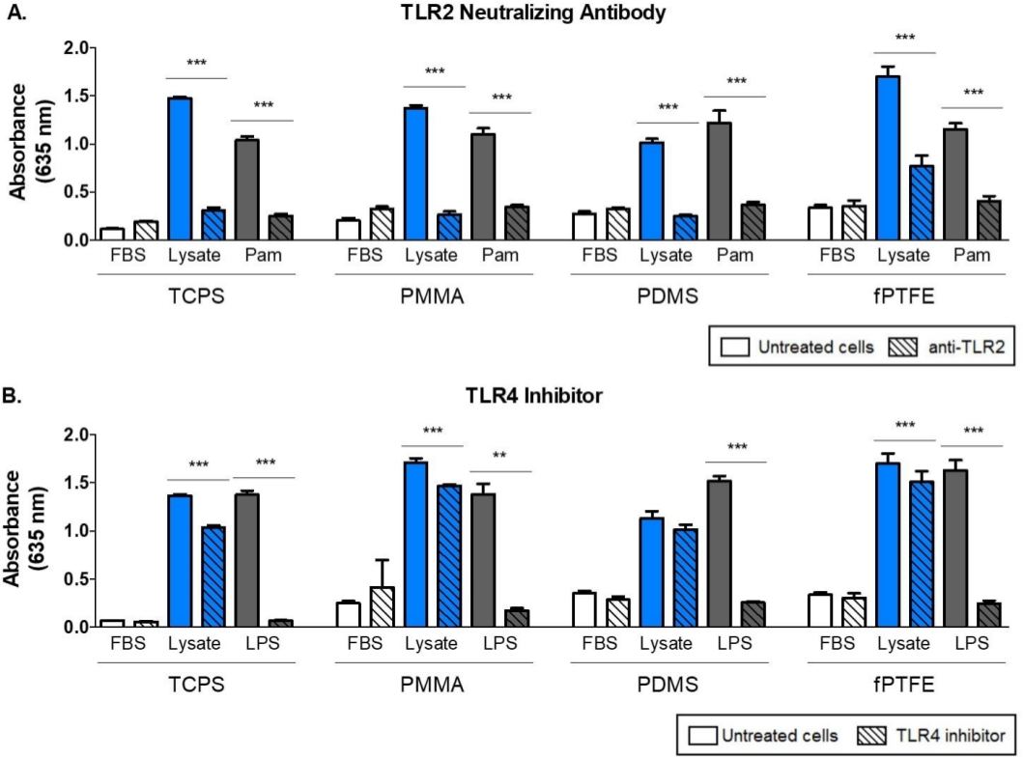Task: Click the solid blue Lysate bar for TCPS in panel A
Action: click(x=180, y=169)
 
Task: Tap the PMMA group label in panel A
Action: click(x=398, y=297)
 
